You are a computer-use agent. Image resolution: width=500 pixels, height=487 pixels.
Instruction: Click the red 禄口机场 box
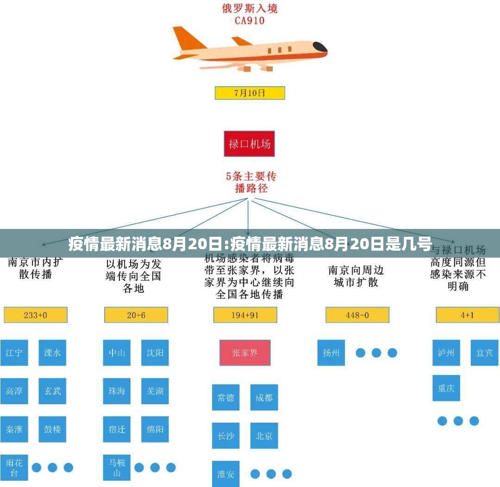pos(249,144)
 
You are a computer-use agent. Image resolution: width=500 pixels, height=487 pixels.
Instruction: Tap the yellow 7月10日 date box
pos(250,93)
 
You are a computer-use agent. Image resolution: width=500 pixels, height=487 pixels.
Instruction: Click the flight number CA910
pos(249,20)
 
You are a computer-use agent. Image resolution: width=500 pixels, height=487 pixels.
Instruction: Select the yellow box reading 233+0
pos(36,315)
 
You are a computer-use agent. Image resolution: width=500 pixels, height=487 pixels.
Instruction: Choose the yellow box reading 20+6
pos(136,315)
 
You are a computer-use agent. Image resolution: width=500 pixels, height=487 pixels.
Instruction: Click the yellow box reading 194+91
pos(245,315)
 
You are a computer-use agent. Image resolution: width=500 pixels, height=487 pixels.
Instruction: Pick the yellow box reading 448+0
pos(357,315)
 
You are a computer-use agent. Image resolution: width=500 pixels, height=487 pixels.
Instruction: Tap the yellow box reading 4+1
pos(467,315)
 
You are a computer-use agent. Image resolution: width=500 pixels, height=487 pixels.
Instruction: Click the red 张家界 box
pos(245,353)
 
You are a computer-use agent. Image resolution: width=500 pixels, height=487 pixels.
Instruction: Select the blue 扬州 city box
pos(331,353)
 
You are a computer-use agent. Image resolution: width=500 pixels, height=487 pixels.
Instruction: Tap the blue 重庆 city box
pos(446,388)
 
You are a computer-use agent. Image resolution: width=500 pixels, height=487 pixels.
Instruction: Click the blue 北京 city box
pos(264,436)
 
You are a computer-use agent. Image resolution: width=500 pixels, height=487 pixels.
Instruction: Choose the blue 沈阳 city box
pos(155,353)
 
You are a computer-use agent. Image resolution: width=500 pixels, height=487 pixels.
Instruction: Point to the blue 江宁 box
pos(14,353)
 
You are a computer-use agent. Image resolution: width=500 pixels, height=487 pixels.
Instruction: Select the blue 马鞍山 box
pos(117,467)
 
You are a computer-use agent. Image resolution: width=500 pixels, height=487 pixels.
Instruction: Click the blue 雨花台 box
pos(14,467)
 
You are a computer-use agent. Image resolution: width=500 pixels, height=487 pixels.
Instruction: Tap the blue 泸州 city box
pos(446,353)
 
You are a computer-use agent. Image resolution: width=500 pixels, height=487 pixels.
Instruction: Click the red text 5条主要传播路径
pos(251,182)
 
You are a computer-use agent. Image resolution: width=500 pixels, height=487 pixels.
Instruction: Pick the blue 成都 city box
pos(264,397)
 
